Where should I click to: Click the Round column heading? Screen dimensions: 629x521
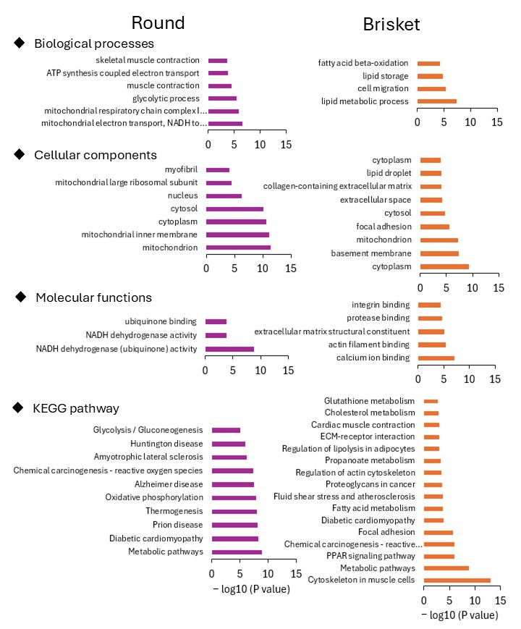[157, 22]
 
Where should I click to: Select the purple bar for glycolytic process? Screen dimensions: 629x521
[222, 98]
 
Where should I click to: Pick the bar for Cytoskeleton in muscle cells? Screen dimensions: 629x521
[457, 581]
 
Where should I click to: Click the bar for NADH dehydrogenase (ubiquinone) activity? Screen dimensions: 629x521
[229, 349]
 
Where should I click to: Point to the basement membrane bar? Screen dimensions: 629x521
[439, 253]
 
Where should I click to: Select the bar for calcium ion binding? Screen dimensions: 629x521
[436, 358]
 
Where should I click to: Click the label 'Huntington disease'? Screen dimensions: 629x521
[167, 444]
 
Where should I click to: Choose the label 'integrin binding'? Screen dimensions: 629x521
[381, 305]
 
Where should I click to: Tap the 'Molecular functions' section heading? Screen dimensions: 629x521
[93, 297]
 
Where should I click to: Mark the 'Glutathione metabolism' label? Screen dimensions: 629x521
[369, 400]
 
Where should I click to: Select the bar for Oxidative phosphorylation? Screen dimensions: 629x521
[234, 498]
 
